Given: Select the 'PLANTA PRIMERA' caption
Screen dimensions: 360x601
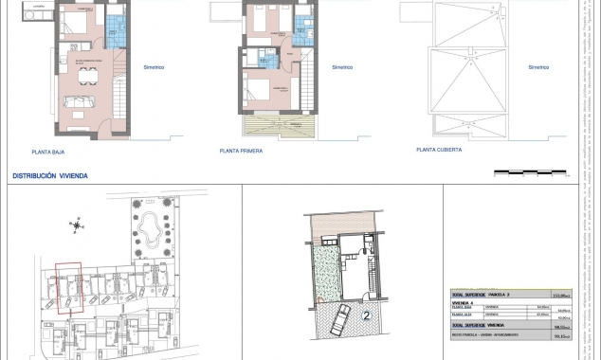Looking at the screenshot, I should point(241,151).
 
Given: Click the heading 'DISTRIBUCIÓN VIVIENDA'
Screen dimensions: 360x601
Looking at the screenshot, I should point(50,176).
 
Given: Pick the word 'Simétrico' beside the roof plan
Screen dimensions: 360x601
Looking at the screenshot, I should point(538,68).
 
